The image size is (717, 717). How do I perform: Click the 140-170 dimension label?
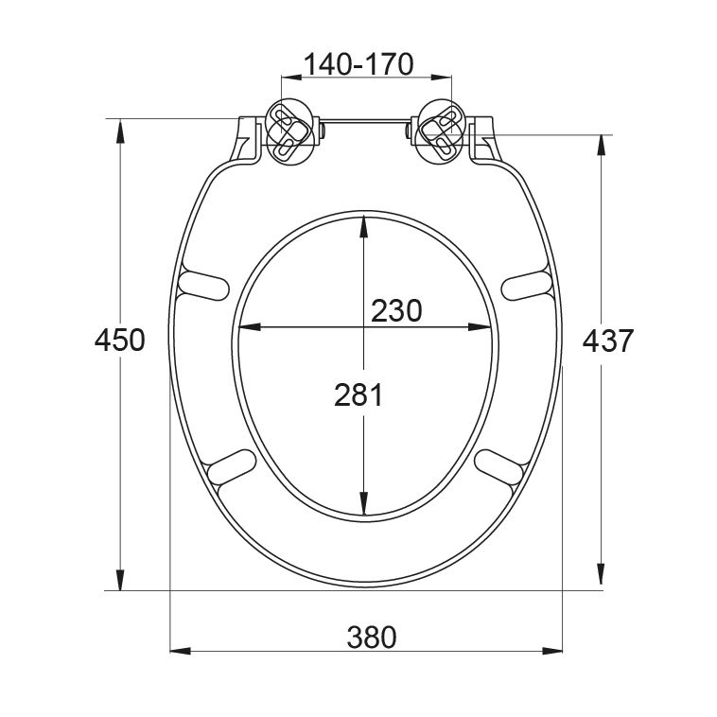358,64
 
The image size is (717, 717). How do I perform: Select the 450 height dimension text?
119,341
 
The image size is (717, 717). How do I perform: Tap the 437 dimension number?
607,341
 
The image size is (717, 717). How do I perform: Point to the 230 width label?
396,311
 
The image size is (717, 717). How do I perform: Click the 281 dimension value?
358,395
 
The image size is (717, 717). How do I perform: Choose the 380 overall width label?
372,638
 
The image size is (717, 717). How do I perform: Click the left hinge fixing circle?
291,131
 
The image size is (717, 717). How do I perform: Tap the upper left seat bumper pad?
203,286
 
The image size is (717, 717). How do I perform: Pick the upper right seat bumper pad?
527,286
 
